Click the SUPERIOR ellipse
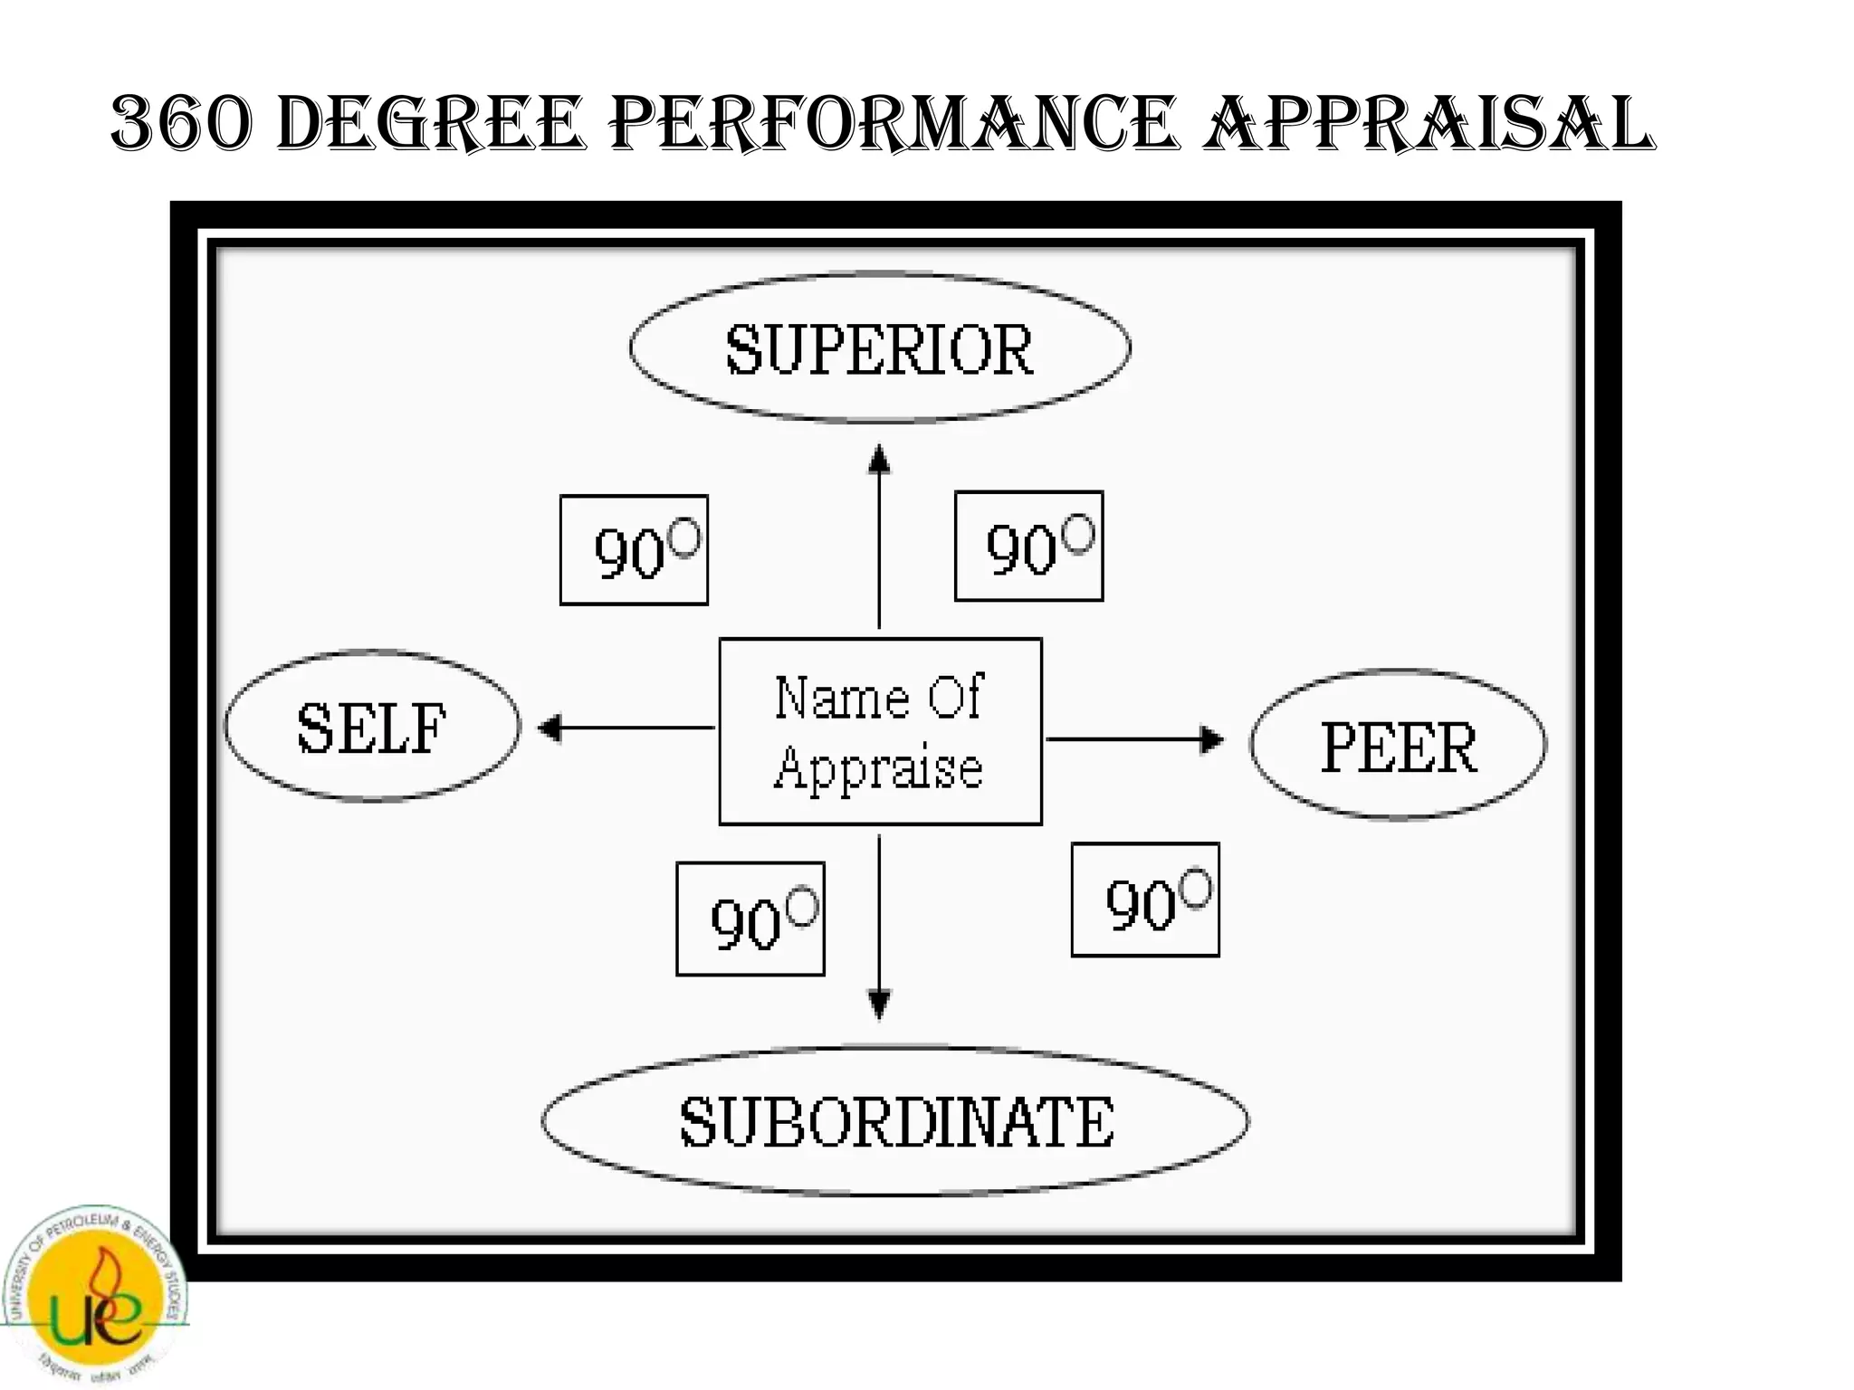tap(879, 348)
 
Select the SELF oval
tap(372, 727)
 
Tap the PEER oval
tap(1398, 746)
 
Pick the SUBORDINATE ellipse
tap(895, 1121)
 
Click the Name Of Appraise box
tap(880, 731)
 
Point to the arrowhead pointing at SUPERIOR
tap(879, 459)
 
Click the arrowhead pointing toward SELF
tap(550, 728)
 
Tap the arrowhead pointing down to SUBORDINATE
tap(879, 1004)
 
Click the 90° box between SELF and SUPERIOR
tap(634, 550)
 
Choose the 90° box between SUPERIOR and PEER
tap(1028, 547)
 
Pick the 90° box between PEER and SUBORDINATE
tap(1145, 900)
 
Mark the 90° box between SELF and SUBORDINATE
tap(750, 919)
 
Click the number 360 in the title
tap(179, 124)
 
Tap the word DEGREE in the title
tap(429, 124)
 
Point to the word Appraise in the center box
tap(878, 769)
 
